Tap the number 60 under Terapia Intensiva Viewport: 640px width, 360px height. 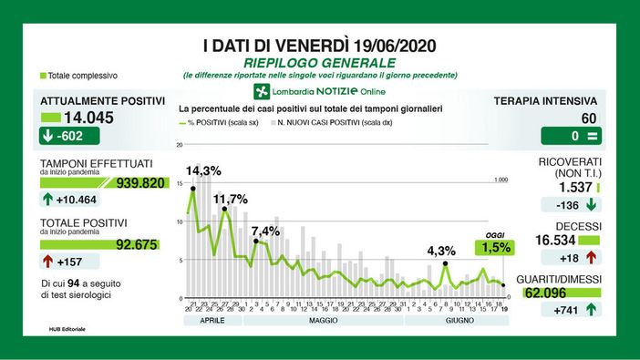[589, 118]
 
